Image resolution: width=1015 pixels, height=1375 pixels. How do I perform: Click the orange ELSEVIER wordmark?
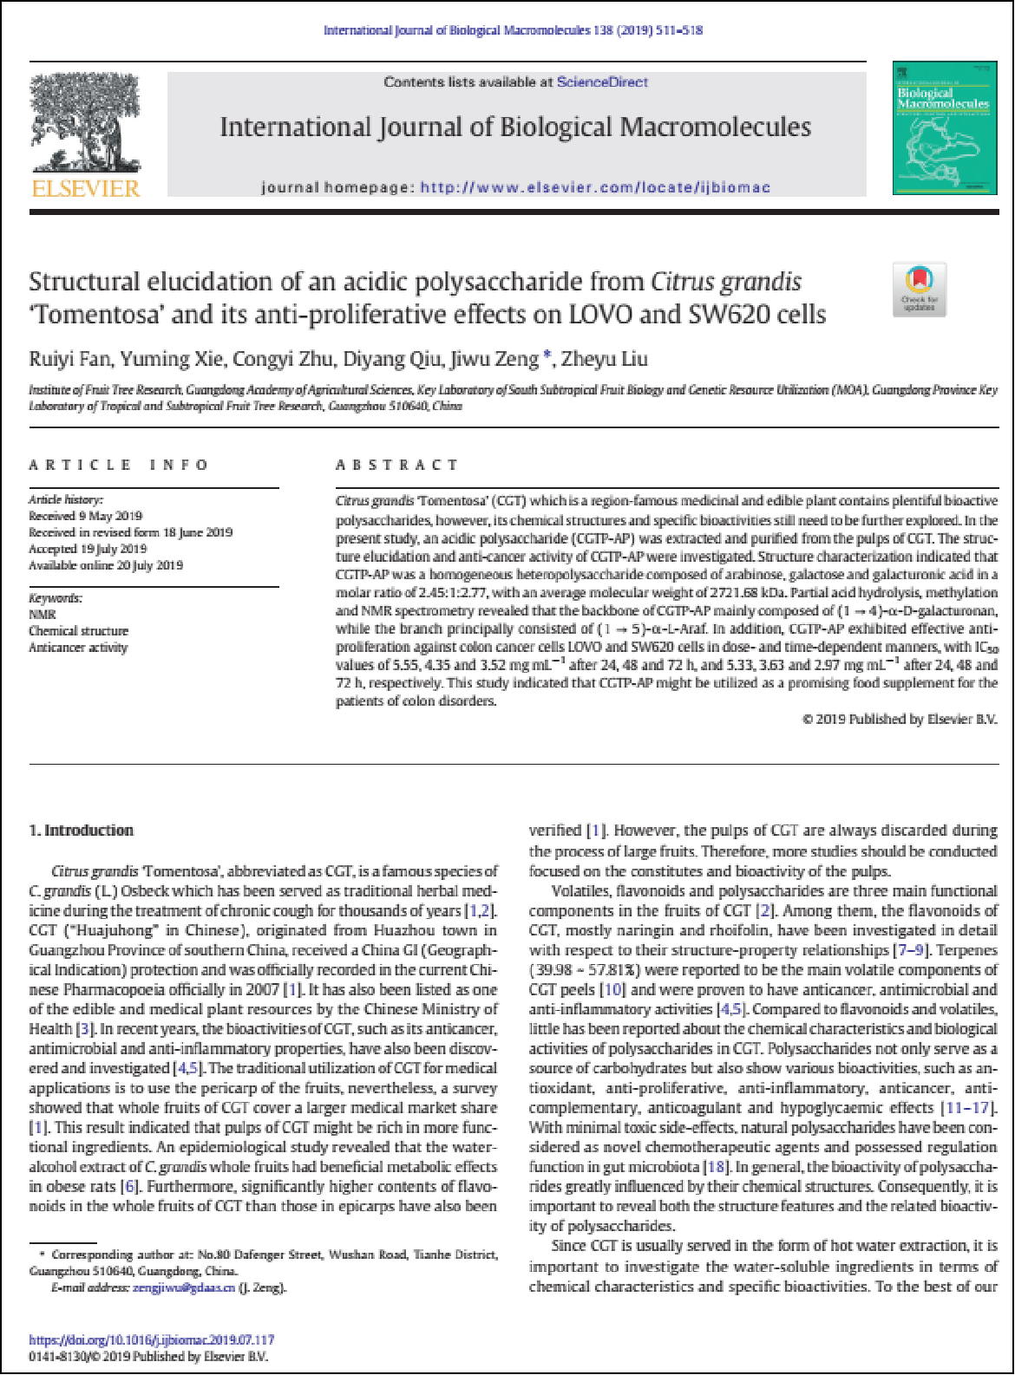coord(85,189)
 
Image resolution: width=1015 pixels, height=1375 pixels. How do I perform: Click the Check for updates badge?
coord(920,289)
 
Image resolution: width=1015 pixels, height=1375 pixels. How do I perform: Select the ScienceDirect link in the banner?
coord(602,82)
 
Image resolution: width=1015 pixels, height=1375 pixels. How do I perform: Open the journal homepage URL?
coord(595,187)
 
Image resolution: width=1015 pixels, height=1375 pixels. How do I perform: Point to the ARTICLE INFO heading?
coord(119,465)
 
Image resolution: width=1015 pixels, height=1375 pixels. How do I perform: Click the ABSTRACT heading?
coord(396,465)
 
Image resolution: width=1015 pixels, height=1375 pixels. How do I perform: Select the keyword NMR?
coord(42,615)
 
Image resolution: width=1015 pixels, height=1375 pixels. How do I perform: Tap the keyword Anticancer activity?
coord(78,648)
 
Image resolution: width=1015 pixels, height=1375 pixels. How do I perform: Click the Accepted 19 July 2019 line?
coord(88,549)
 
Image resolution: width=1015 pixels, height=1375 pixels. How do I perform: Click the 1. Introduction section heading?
coord(82,831)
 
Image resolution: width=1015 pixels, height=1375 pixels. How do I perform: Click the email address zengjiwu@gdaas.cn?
coord(184,1287)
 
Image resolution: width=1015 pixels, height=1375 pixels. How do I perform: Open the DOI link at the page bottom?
coord(152,1340)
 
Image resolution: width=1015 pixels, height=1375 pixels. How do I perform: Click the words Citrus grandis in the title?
coord(725,282)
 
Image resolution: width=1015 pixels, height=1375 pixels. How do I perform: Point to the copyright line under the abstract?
coord(900,719)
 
